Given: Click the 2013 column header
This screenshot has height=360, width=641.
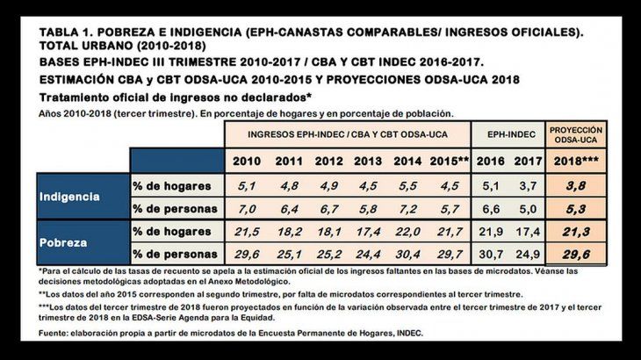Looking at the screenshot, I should [369, 161].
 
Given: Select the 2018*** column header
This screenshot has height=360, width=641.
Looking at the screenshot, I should [575, 161].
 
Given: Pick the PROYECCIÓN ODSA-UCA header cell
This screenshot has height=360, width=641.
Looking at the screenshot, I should [575, 134].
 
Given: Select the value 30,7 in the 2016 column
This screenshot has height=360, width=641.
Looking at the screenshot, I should [491, 254].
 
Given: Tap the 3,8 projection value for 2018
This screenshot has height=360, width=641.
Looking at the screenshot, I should [575, 186].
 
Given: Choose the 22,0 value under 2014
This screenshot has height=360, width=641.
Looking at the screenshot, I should [408, 231].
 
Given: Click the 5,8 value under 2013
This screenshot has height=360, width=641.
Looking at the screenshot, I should [369, 209].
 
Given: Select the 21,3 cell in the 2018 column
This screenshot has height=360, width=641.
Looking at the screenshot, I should [575, 231].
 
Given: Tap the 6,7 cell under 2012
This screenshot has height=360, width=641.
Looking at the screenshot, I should [328, 209].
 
